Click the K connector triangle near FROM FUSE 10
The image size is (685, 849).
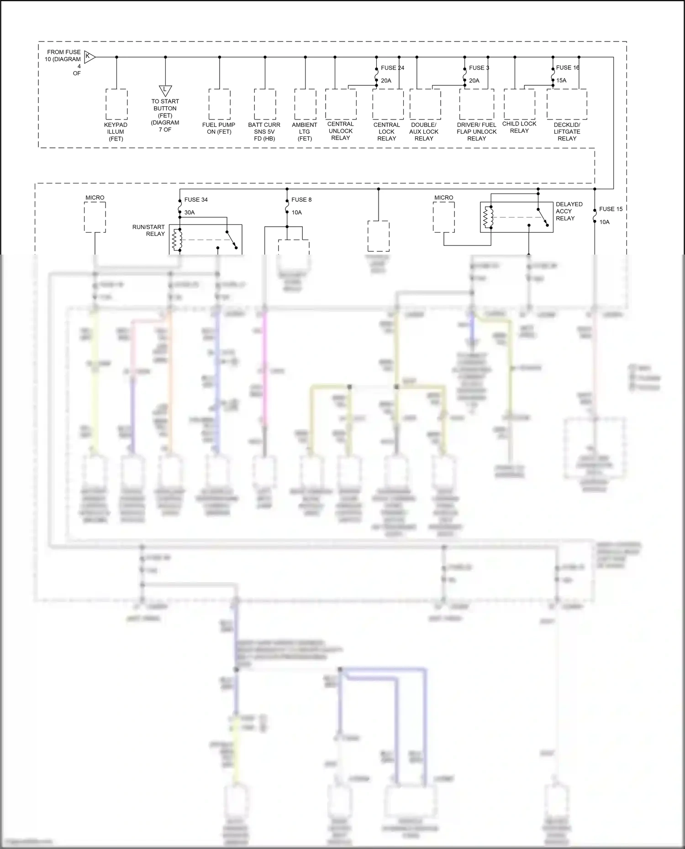(x=90, y=57)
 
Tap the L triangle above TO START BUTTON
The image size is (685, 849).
(x=165, y=90)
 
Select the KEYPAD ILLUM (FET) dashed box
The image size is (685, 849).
(x=116, y=104)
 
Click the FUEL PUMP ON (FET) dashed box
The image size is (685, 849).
(x=219, y=104)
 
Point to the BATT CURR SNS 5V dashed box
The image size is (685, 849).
(x=265, y=104)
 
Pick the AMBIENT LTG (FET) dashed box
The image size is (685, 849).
(x=305, y=104)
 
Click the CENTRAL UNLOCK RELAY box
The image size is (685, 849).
(x=341, y=104)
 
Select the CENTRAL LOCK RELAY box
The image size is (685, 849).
(x=388, y=104)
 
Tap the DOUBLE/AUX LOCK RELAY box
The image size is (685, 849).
(x=425, y=104)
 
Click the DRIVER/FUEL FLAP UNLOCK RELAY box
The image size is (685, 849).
(x=476, y=104)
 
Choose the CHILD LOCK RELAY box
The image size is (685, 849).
(x=519, y=104)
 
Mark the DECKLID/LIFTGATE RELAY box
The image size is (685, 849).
(x=567, y=104)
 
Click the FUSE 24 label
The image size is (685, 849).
(x=392, y=68)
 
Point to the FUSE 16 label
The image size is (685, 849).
(x=568, y=68)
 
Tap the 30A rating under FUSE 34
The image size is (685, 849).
(x=190, y=213)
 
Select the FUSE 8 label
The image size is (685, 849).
(x=301, y=200)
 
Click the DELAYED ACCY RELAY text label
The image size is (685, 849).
(x=569, y=211)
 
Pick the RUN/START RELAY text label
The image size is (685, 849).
(x=148, y=230)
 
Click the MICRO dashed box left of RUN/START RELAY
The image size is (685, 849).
(x=95, y=217)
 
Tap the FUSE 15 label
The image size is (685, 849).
(x=611, y=209)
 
